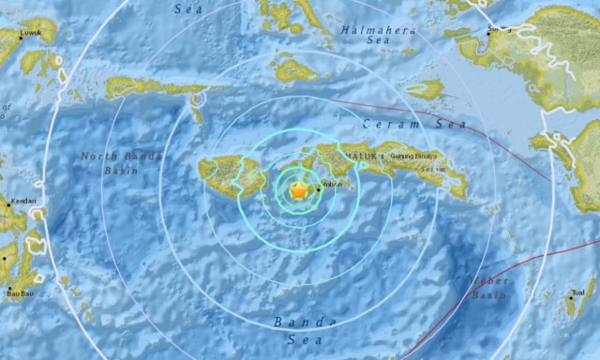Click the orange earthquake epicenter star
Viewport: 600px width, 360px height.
tap(298, 191)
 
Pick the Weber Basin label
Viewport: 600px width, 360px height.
tap(489, 285)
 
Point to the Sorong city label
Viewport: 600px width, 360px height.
tap(498, 29)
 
